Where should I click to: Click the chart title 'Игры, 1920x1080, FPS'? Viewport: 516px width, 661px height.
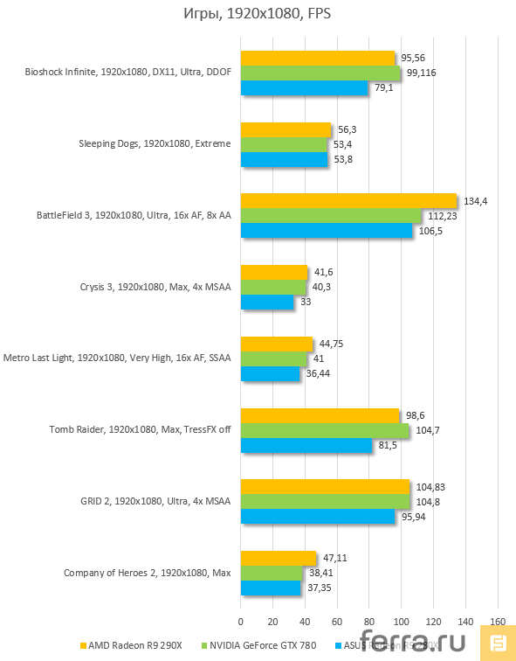(x=258, y=14)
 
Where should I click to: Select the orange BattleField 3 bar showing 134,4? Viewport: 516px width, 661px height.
(x=348, y=201)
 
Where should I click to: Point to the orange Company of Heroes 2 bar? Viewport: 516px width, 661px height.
(x=278, y=559)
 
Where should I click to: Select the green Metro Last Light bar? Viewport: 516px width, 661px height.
(x=273, y=358)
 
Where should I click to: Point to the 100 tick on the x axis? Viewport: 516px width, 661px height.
(x=401, y=623)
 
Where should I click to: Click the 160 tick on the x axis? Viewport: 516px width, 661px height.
(x=497, y=623)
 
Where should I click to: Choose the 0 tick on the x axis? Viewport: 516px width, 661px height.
(x=241, y=623)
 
